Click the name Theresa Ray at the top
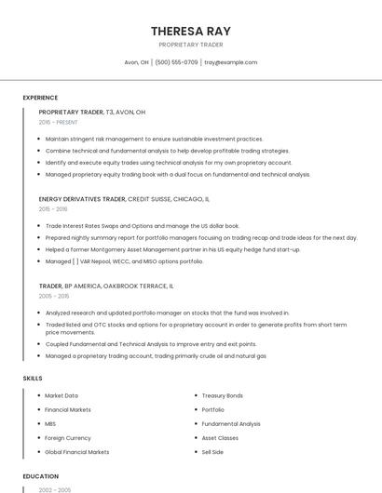190,32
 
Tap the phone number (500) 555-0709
176,62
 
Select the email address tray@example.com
230,62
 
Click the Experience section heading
40,97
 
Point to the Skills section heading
33,379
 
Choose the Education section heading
40,476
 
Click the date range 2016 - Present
58,122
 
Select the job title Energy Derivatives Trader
82,198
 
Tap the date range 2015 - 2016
53,209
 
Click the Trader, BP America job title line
106,286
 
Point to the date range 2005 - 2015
54,297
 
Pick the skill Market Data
61,395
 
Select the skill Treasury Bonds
222,395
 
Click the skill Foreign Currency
68,437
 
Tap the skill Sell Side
212,452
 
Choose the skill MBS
50,423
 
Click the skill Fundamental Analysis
231,423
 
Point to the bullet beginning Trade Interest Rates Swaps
142,226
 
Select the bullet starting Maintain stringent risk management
154,139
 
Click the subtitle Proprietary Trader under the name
190,45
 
